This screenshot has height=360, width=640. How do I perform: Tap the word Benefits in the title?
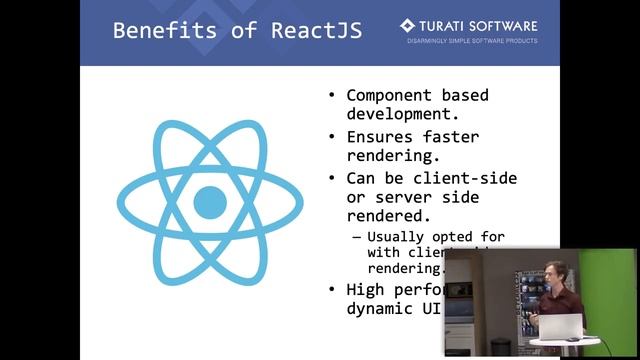pos(155,29)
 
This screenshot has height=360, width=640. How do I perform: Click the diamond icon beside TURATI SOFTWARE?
pos(407,25)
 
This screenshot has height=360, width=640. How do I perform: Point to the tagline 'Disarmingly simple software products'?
pos(471,41)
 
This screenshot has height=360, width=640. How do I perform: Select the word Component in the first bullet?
pos(389,96)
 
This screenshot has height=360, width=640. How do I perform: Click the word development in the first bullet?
pos(396,114)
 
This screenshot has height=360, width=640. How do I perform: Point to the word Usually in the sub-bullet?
pos(395,237)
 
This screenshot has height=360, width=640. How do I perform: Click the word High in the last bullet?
pos(364,290)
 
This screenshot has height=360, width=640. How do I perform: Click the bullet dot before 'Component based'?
pos(332,97)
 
